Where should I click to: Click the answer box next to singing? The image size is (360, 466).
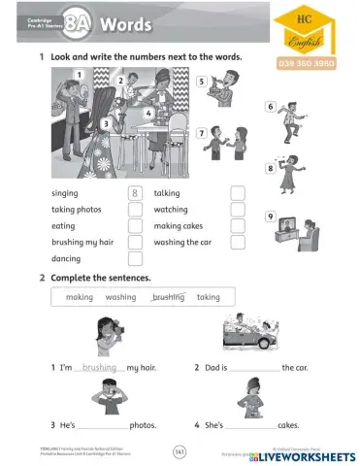(x=135, y=193)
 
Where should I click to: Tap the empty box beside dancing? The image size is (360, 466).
(x=135, y=259)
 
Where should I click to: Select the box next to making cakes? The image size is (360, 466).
(x=238, y=226)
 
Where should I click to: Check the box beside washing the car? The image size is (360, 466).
(x=238, y=243)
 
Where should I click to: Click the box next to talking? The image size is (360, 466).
(x=238, y=193)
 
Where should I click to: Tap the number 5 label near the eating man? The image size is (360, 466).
(x=202, y=83)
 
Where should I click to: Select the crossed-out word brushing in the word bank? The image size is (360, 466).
(x=168, y=297)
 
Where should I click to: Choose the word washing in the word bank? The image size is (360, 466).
(x=121, y=297)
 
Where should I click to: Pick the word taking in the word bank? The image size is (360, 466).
(x=209, y=297)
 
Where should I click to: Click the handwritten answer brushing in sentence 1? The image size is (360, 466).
(x=100, y=368)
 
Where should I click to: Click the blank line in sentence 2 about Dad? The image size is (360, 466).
(x=254, y=370)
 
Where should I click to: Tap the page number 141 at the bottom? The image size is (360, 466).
(x=180, y=450)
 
